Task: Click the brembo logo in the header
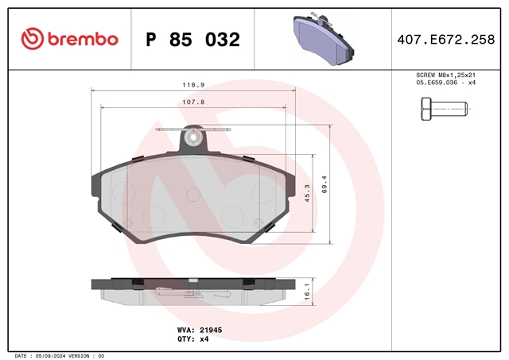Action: click(x=69, y=39)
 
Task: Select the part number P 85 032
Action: click(x=192, y=40)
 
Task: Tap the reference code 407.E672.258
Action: click(x=446, y=40)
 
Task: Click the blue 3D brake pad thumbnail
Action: click(x=324, y=39)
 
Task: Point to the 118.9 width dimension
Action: click(x=193, y=85)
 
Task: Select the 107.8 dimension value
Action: click(x=193, y=103)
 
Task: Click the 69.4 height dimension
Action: click(x=324, y=184)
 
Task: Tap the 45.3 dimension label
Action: click(x=307, y=193)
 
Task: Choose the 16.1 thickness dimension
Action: click(x=307, y=291)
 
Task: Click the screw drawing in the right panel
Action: click(x=444, y=109)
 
